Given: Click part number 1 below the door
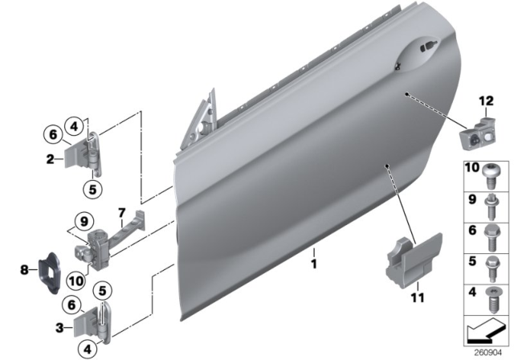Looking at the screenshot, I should point(315,263).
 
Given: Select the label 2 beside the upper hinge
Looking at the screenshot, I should point(50,160).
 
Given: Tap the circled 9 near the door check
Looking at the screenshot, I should point(81,219).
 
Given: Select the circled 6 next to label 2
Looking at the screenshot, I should point(50,134).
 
